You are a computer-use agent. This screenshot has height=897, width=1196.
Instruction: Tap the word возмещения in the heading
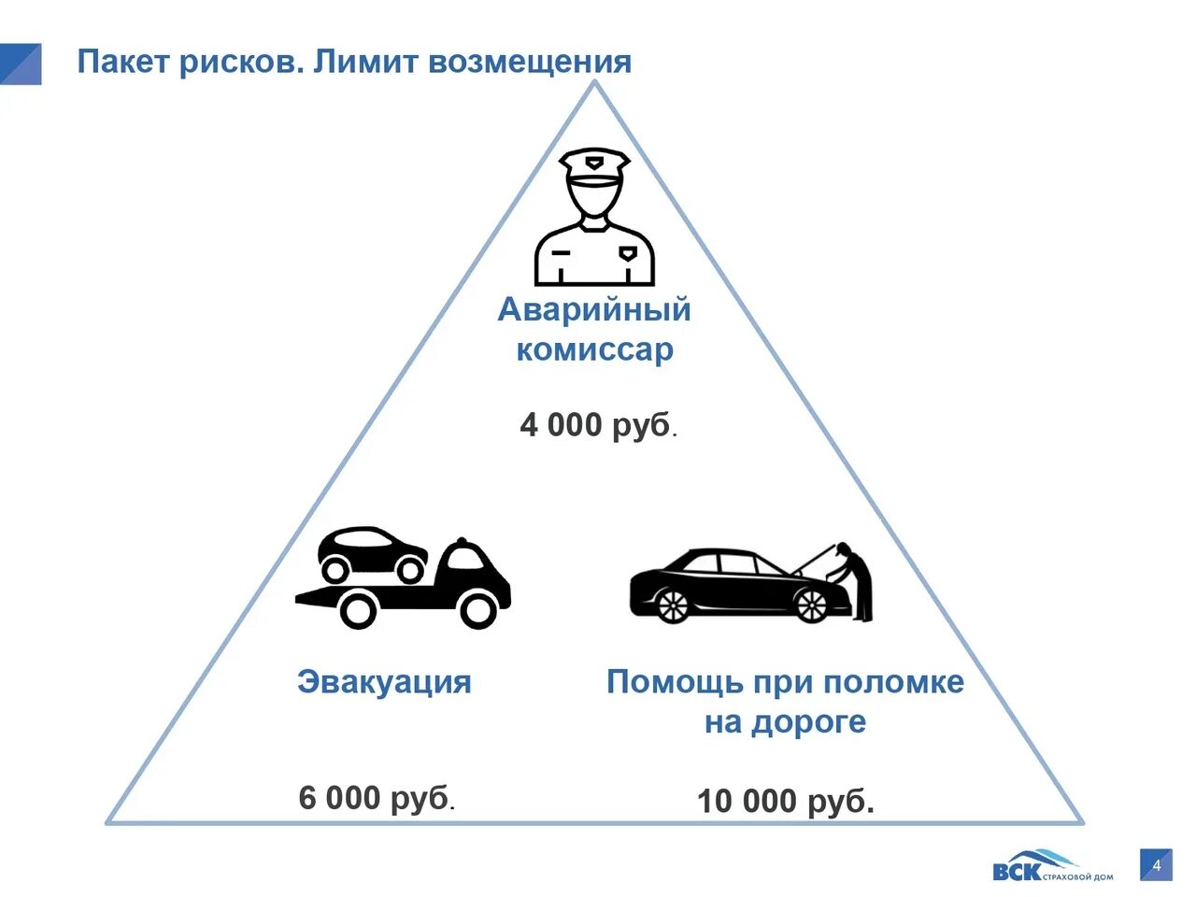click(530, 63)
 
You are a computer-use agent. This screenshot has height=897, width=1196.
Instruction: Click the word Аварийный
click(594, 309)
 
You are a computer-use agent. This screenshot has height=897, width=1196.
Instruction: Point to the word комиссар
click(594, 350)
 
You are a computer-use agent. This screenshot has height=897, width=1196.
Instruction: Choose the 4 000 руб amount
click(597, 426)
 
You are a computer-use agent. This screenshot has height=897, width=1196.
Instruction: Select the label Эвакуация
click(384, 682)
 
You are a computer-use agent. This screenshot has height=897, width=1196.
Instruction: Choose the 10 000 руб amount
click(785, 802)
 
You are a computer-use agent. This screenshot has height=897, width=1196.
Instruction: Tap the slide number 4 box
click(1156, 865)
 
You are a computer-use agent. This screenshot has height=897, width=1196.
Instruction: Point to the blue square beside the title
click(20, 64)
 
